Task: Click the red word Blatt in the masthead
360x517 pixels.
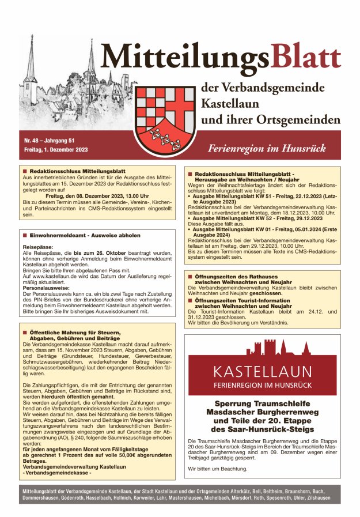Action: click(305, 58)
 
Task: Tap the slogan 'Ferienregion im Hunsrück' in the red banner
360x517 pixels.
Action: click(267, 148)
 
